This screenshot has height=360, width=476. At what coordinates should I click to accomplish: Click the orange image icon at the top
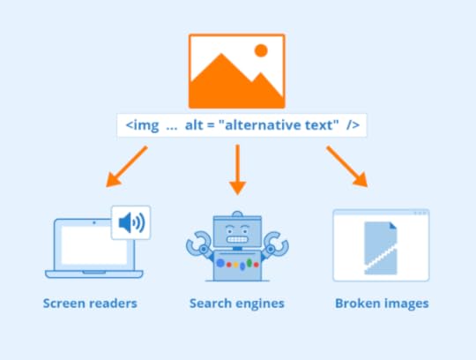[237, 71]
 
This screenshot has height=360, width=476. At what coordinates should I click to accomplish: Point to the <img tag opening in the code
[141, 125]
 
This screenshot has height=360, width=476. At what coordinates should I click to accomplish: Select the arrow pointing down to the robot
[236, 169]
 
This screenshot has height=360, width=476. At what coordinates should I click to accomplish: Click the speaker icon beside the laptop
[130, 222]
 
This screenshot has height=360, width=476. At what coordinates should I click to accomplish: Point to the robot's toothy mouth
[235, 238]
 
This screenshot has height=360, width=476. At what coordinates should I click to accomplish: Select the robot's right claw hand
[275, 243]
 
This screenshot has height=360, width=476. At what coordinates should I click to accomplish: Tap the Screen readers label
[90, 304]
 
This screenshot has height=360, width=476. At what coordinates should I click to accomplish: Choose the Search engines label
[236, 304]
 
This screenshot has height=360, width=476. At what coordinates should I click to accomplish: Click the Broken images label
[382, 304]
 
